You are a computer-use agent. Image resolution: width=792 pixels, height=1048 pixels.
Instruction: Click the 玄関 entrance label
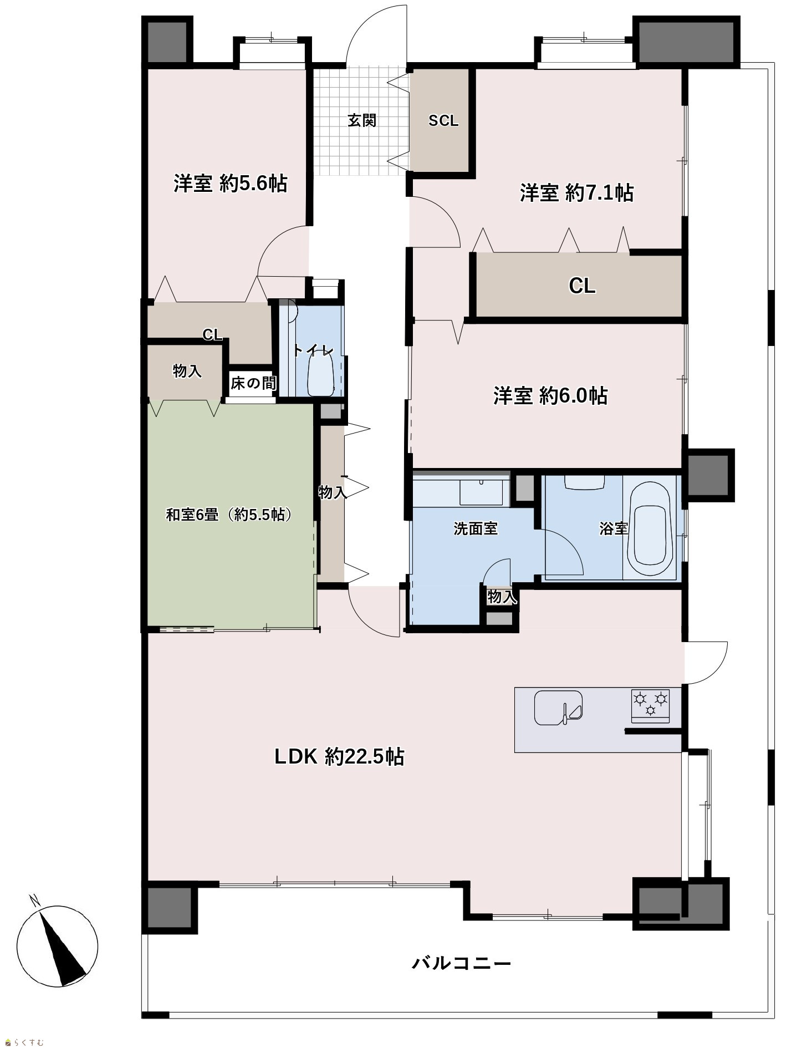(362, 120)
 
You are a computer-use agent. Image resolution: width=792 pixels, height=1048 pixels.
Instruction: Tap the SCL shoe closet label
(443, 121)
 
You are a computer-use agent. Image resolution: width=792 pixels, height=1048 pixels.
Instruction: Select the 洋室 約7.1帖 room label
(576, 193)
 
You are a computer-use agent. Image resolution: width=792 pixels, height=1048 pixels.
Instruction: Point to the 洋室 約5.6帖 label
(230, 183)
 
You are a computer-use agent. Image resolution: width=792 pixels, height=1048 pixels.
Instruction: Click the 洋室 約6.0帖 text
(550, 396)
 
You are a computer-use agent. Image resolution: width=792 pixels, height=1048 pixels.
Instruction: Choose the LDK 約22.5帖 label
(339, 756)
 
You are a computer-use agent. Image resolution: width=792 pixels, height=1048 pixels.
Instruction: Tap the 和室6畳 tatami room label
(229, 515)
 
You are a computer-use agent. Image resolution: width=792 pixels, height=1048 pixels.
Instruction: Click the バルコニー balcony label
(461, 963)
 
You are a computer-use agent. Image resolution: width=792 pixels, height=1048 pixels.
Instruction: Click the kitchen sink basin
(558, 707)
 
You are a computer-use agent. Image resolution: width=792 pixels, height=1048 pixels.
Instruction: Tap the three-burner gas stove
(650, 706)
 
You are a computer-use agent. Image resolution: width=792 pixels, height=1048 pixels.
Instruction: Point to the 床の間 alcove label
(253, 383)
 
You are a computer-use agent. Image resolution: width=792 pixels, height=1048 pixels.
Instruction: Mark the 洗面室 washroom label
(476, 528)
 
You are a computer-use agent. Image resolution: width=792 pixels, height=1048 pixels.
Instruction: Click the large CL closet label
(582, 286)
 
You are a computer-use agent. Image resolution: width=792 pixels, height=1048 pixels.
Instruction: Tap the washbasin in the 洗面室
(481, 491)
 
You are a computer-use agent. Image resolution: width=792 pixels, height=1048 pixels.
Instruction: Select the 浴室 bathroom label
(614, 528)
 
